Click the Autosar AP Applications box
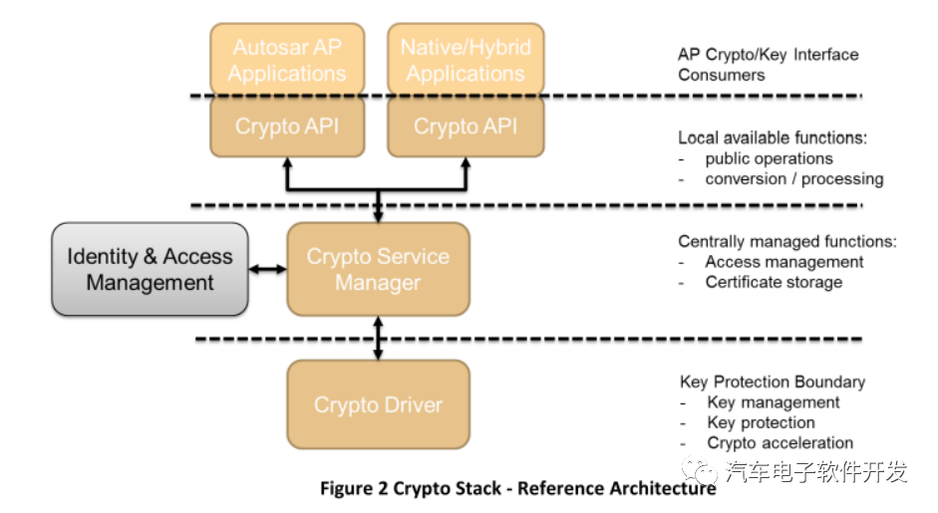pyautogui.click(x=288, y=60)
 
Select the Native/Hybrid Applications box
pyautogui.click(x=466, y=60)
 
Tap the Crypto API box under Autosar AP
pyautogui.click(x=288, y=127)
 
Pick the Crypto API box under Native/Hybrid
pyautogui.click(x=466, y=127)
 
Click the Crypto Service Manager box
pyautogui.click(x=378, y=269)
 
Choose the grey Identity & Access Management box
pyautogui.click(x=150, y=269)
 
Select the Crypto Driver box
pyautogui.click(x=378, y=404)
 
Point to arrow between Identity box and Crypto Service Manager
pyautogui.click(x=267, y=269)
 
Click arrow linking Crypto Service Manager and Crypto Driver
pyautogui.click(x=378, y=338)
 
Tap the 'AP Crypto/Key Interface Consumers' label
pyautogui.click(x=768, y=65)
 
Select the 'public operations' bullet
pyautogui.click(x=769, y=158)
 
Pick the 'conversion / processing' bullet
pyautogui.click(x=793, y=179)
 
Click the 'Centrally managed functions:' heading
pyautogui.click(x=787, y=241)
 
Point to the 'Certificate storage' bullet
pyautogui.click(x=774, y=282)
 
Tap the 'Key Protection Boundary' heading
pyautogui.click(x=773, y=382)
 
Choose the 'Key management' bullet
pyautogui.click(x=774, y=402)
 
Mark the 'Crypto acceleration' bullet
pyautogui.click(x=780, y=443)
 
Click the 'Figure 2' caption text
pyautogui.click(x=517, y=489)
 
